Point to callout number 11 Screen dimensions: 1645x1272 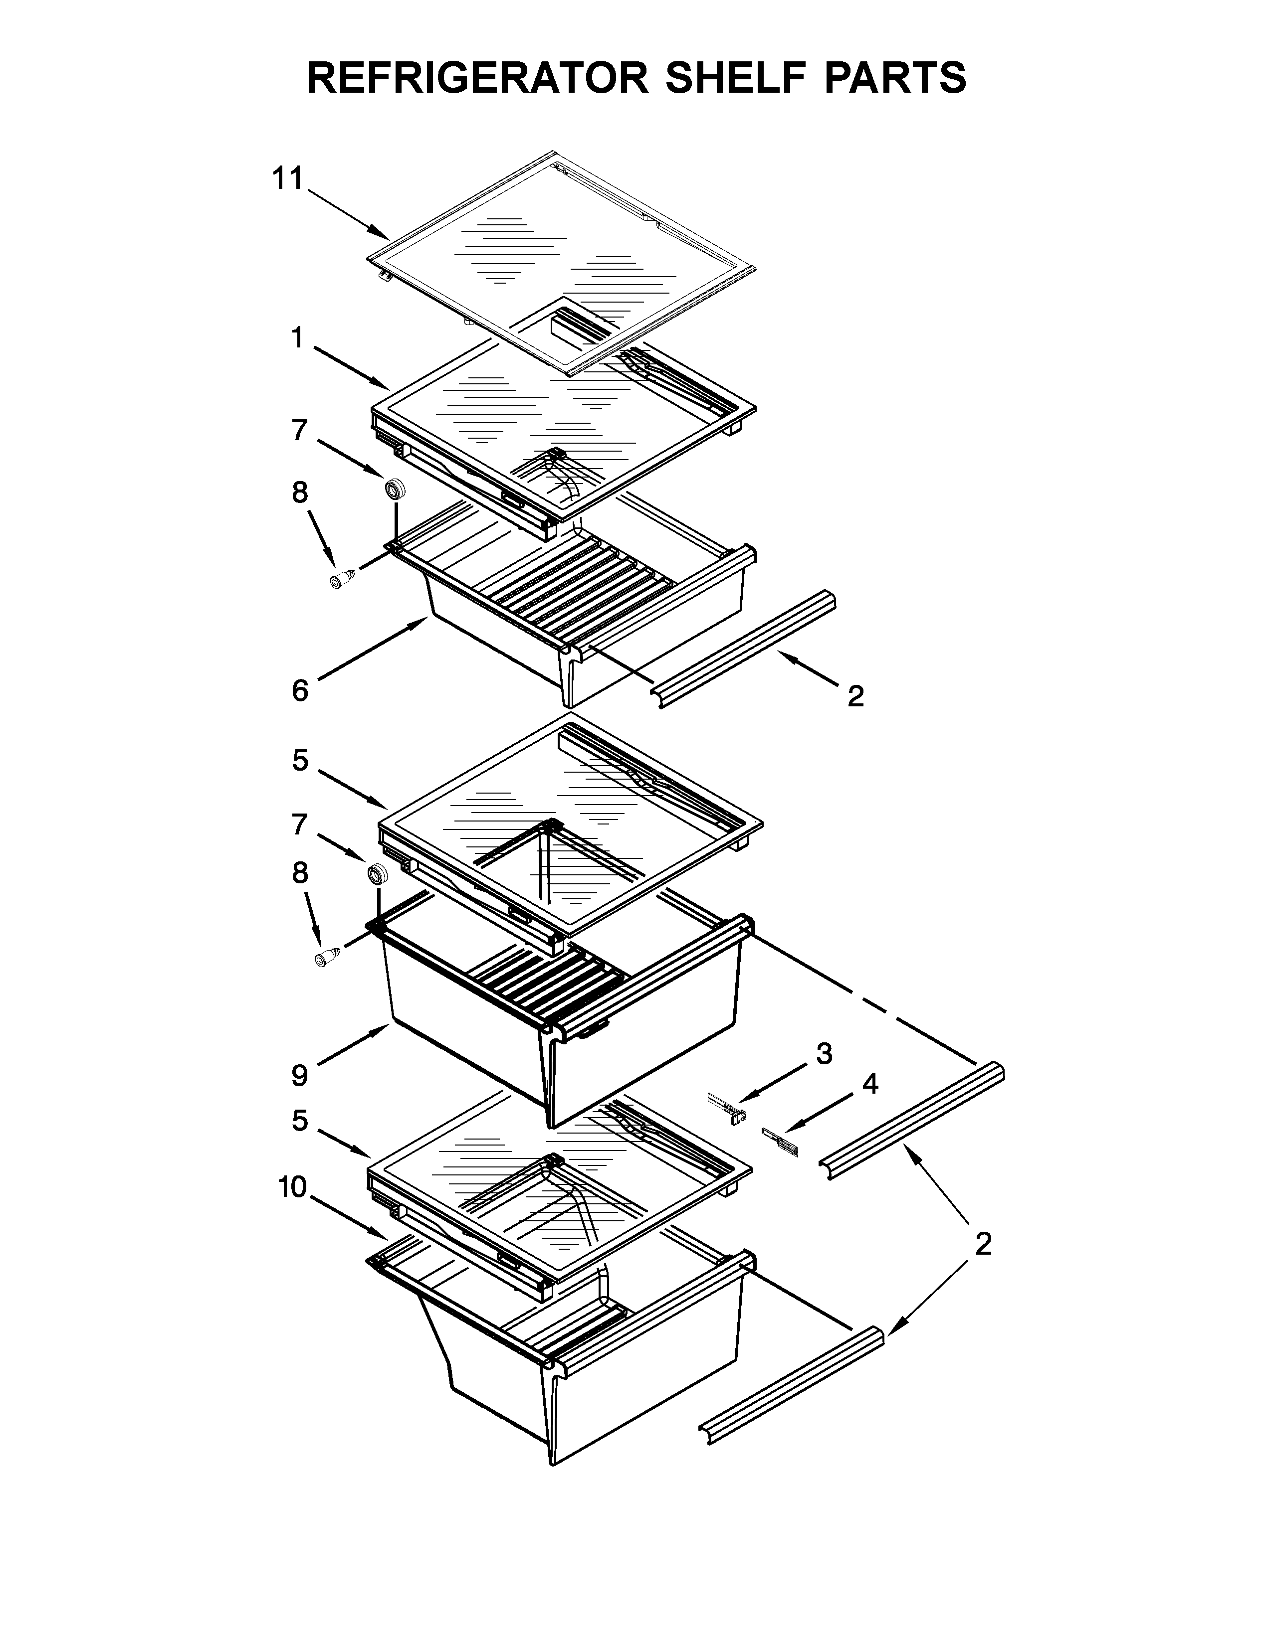287,179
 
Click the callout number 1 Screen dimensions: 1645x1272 298,339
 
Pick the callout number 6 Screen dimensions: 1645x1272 300,690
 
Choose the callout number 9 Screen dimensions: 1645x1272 300,1076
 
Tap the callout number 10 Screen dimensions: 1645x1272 292,1188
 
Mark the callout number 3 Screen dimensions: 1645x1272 825,1054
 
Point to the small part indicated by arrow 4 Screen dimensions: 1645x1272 780,1142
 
